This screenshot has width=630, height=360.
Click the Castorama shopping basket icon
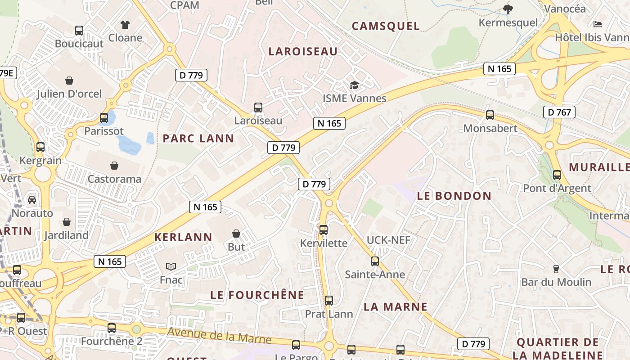pos(114,166)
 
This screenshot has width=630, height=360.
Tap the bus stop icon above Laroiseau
pos(258,108)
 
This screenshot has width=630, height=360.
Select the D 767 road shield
pos(559,112)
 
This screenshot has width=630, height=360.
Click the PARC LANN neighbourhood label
pos(198,138)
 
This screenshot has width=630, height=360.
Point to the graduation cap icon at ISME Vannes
pos(355,85)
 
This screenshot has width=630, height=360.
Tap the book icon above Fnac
pos(171,266)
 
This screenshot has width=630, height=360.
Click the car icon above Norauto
pos(32,199)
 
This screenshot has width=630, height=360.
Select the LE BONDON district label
pos(454,196)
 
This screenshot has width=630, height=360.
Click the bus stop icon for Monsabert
pos(490,115)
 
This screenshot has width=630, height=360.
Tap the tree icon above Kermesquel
pos(508,9)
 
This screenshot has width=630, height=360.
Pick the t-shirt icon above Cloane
pos(125,24)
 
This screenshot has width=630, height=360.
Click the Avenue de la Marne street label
pos(219,336)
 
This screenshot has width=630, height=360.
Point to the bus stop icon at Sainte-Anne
pos(375,261)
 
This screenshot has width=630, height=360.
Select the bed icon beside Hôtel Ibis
pos(598,24)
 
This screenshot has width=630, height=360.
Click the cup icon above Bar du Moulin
pos(556,269)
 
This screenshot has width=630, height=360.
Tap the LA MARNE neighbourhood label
pos(396,307)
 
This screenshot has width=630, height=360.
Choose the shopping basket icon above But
pos(236,233)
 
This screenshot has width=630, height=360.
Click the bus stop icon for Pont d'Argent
pos(557,175)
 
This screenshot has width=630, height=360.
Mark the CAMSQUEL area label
pos(386,26)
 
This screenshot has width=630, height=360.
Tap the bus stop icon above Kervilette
pos(324,229)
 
